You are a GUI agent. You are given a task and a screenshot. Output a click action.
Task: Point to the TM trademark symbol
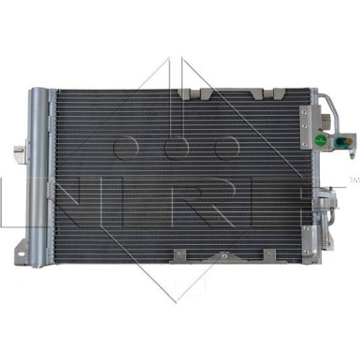pyautogui.click(x=352, y=178)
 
